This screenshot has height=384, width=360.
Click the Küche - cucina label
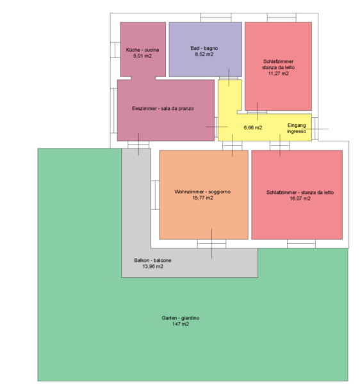pyautogui.click(x=142, y=50)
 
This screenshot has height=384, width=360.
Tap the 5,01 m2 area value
pyautogui.click(x=142, y=56)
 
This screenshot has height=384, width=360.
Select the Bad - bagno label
pyautogui.click(x=204, y=48)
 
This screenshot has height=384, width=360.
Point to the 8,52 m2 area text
pyautogui.click(x=204, y=54)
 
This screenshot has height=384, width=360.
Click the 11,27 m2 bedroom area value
pyautogui.click(x=279, y=74)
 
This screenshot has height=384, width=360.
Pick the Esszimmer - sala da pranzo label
pyautogui.click(x=163, y=109)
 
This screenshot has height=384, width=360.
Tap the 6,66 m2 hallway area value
pyautogui.click(x=253, y=127)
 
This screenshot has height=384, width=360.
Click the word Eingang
pyautogui.click(x=297, y=125)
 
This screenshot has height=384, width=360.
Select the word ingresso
pyautogui.click(x=297, y=131)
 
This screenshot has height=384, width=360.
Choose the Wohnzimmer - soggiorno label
pyautogui.click(x=202, y=192)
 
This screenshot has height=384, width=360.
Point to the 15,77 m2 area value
pyautogui.click(x=202, y=198)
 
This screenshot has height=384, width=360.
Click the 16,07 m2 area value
pyautogui.click(x=300, y=198)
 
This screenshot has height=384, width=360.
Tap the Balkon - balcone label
pyautogui.click(x=152, y=260)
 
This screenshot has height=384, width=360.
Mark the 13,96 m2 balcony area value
pyautogui.click(x=152, y=266)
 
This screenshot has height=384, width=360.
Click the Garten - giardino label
pyautogui.click(x=181, y=318)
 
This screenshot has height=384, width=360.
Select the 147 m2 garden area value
pyautogui.click(x=181, y=324)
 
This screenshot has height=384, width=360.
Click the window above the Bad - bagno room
pyautogui.click(x=216, y=18)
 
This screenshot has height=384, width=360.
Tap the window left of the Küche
pyautogui.click(x=115, y=50)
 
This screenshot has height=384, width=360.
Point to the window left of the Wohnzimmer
pyautogui.click(x=155, y=195)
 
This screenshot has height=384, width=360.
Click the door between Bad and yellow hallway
pyautogui.click(x=229, y=78)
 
